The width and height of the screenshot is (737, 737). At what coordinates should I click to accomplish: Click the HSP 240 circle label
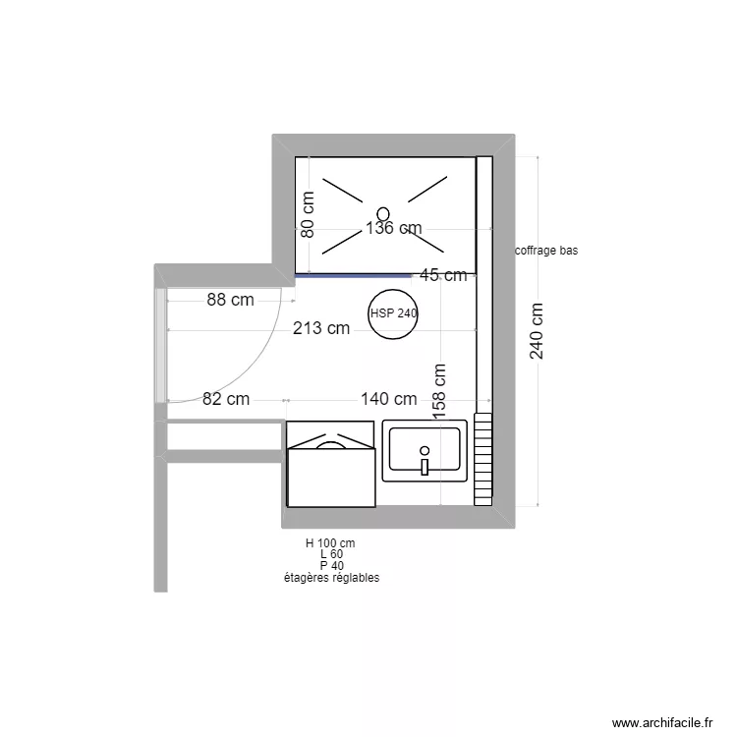tap(394, 313)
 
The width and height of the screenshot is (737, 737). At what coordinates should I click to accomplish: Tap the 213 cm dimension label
tap(321, 328)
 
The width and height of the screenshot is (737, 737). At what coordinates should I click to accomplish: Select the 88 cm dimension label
tap(230, 300)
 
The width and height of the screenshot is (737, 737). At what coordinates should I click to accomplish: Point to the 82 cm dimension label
tap(226, 399)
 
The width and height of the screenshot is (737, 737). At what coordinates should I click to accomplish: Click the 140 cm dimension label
tap(388, 399)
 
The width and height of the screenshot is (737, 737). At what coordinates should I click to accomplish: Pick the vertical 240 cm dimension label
tap(537, 330)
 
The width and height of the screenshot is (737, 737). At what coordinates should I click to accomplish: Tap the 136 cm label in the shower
tap(393, 228)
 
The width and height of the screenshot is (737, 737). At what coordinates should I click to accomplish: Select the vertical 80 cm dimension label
tap(308, 214)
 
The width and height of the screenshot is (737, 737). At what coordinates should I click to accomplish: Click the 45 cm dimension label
tap(443, 275)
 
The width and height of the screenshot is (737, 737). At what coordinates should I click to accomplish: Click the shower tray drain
tap(382, 212)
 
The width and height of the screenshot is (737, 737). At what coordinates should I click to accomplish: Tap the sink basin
tap(425, 448)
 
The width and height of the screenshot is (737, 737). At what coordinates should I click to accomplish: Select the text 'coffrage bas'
tap(546, 251)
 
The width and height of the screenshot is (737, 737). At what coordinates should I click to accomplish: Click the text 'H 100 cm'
tap(330, 542)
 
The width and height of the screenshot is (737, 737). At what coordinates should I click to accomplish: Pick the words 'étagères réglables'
tap(330, 578)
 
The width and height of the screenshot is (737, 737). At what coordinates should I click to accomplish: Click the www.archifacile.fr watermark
tap(661, 722)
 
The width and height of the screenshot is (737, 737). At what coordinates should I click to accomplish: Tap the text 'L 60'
tap(330, 554)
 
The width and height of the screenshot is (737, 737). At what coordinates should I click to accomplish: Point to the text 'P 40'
tap(330, 566)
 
